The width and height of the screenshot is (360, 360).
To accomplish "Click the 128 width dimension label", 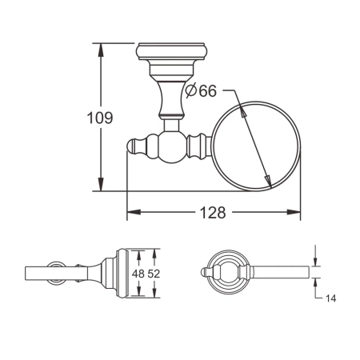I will [x=214, y=213].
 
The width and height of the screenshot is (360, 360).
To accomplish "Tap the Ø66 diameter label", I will [x=201, y=92].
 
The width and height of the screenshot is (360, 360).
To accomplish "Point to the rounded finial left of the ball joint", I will [x=137, y=147].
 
